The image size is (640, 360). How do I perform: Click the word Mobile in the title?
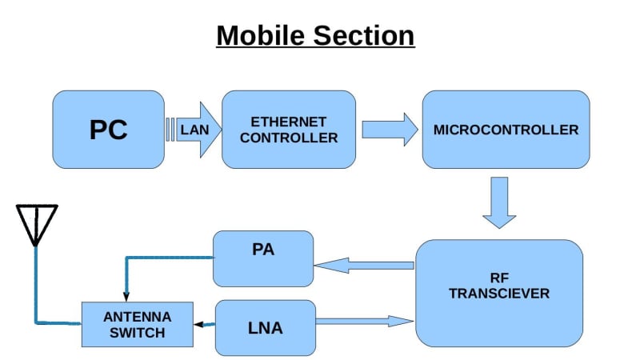(x=259, y=36)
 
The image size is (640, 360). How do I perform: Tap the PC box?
(x=108, y=129)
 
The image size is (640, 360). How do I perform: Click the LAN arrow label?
(x=194, y=129)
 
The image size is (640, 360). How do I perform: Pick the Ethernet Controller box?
(x=289, y=129)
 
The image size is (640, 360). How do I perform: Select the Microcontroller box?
(x=506, y=129)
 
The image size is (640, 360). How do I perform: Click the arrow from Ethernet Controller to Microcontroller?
(x=390, y=129)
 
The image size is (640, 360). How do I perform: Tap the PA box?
(x=263, y=258)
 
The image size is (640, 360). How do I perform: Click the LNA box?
(x=266, y=327)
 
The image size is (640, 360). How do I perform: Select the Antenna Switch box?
(x=138, y=324)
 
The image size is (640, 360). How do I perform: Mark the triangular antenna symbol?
(x=37, y=223)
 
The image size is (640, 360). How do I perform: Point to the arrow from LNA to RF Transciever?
(x=365, y=321)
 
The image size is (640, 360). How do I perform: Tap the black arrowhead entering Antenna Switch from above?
(x=126, y=297)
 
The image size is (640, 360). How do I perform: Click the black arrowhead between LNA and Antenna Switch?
(x=199, y=324)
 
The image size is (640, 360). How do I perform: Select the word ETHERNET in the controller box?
(x=289, y=122)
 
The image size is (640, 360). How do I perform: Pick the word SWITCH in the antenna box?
(x=138, y=332)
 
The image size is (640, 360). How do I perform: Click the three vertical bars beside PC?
(x=170, y=130)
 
